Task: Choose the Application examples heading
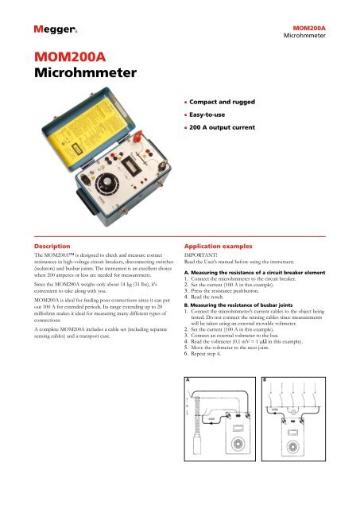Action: click(222, 248)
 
